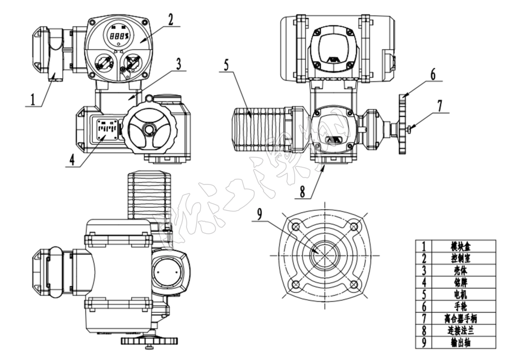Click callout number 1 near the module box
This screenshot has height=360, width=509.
(x=33, y=99)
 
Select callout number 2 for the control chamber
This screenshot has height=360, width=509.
(x=169, y=19)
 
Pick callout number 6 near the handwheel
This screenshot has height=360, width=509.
(x=433, y=74)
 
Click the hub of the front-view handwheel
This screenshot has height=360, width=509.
(x=149, y=130)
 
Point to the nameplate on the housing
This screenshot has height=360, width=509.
(x=106, y=130)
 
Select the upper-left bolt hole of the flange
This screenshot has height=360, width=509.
(x=295, y=227)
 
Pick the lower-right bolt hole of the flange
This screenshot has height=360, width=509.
(x=354, y=285)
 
